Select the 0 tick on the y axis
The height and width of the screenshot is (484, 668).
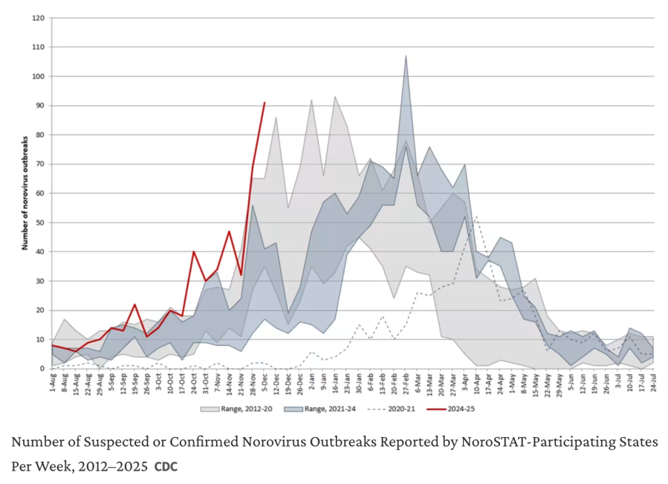coord(43,369)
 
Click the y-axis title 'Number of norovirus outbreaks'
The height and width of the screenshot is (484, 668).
coord(25,193)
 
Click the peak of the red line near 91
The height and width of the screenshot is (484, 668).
coord(264,103)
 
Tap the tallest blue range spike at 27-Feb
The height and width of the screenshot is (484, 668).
coord(406,57)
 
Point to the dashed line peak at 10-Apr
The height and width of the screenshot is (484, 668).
coord(476,217)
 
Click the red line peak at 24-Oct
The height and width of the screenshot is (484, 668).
coord(194,251)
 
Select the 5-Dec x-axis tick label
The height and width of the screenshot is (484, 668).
coord(264,384)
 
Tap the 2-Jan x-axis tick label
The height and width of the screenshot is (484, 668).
coord(311,384)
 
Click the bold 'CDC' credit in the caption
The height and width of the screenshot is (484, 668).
coord(166,468)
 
